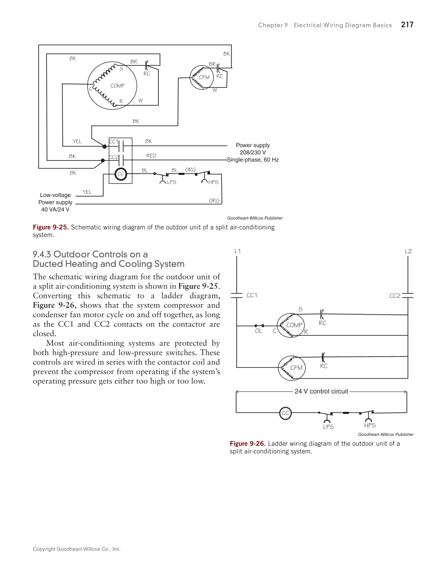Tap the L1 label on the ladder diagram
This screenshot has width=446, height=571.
(237, 251)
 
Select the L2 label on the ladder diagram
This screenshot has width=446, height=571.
(408, 251)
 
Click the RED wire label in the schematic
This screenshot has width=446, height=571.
(151, 155)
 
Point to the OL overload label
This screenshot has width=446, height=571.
(258, 331)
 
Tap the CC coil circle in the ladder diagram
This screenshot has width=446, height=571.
(286, 413)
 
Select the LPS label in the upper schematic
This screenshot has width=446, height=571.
(171, 182)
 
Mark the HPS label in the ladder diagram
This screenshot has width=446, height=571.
(369, 425)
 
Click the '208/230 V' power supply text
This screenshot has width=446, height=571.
(253, 152)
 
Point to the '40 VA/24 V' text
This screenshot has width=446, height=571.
(55, 209)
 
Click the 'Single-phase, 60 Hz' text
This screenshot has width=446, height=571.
(253, 159)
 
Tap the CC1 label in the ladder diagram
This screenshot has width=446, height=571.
(252, 295)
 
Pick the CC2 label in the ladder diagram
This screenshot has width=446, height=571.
(395, 296)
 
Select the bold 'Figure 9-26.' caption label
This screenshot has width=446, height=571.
(248, 443)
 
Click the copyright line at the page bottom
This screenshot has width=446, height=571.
(77, 549)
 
